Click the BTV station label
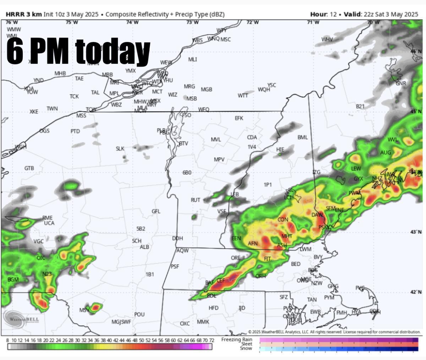pyautogui.click(x=184, y=143)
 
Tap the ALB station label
pyautogui.click(x=144, y=247)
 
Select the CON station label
pyautogui.click(x=283, y=220)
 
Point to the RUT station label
pyautogui.click(x=195, y=200)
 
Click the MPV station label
pyautogui.click(x=219, y=159)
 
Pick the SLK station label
pyautogui.click(x=120, y=148)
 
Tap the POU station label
pyautogui.click(x=139, y=314)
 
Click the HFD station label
pyautogui.click(x=213, y=308)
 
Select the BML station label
pyautogui.click(x=302, y=137)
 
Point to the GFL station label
pyautogui.click(x=156, y=211)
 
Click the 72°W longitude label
pyautogui.click(x=252, y=22)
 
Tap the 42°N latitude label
pyautogui.click(x=416, y=292)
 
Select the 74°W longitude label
pyautogui.click(x=132, y=22)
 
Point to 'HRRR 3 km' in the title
pyautogui.click(x=24, y=14)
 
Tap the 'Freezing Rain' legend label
pyautogui.click(x=236, y=339)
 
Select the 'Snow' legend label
pyautogui.click(x=246, y=348)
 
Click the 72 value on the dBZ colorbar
pyautogui.click(x=211, y=340)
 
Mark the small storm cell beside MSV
pyautogui.click(x=95, y=307)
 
